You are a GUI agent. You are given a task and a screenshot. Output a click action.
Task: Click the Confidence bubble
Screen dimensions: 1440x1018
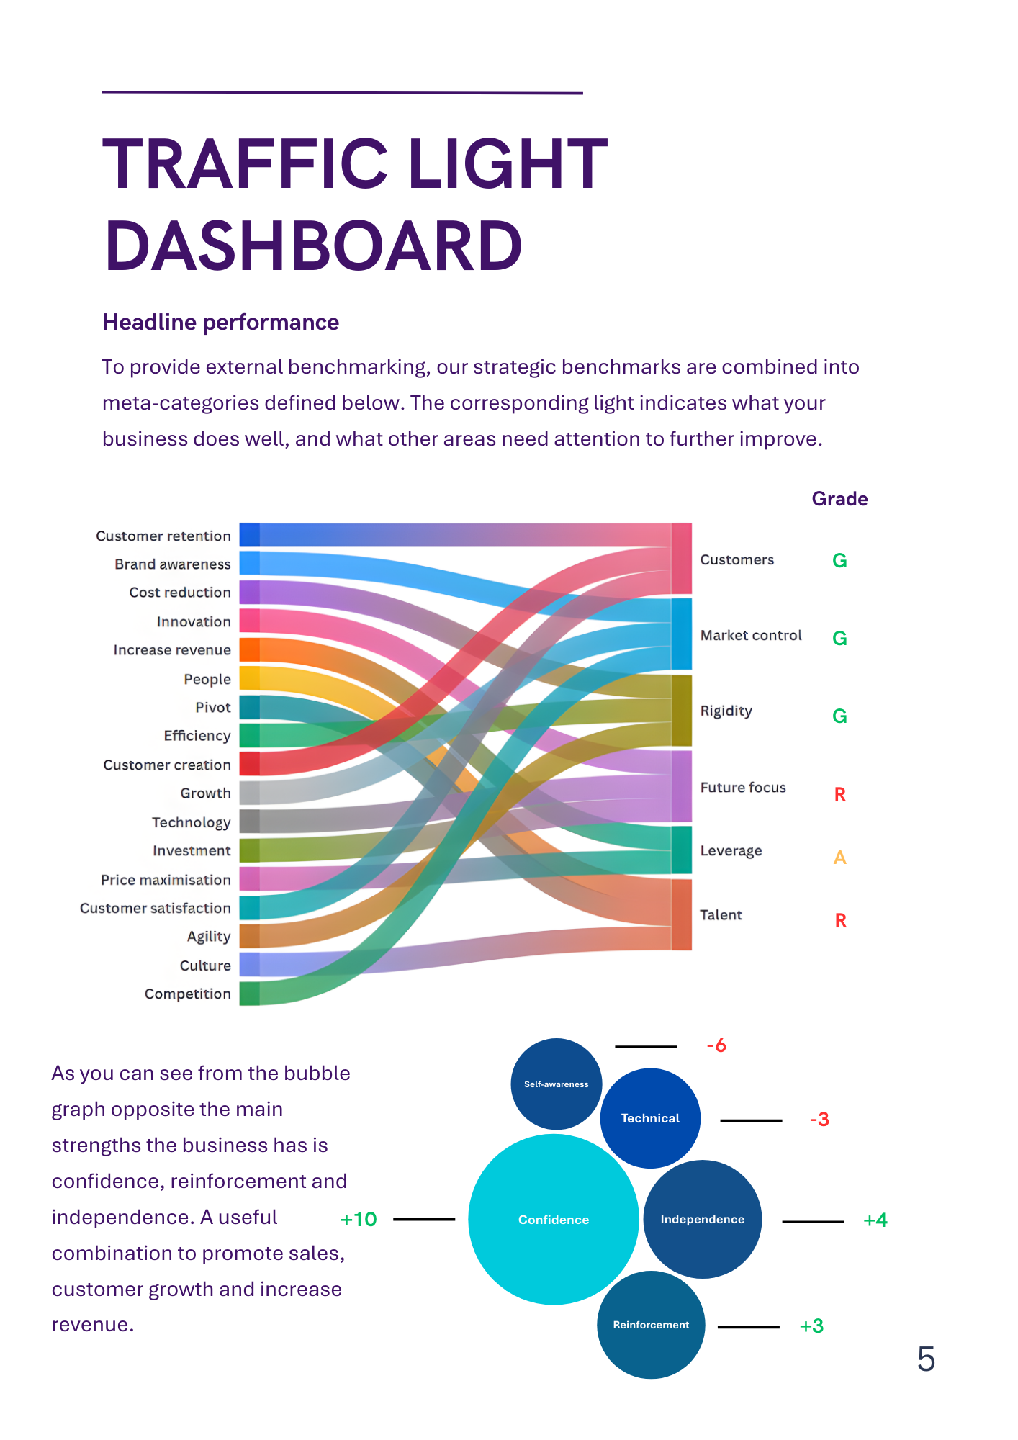(x=553, y=1219)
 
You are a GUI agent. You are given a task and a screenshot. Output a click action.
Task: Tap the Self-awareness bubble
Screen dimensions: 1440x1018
(x=556, y=1084)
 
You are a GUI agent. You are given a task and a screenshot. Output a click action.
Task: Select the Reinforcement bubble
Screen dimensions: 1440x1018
(x=651, y=1325)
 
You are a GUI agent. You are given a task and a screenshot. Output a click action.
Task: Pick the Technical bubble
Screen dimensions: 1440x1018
(x=650, y=1118)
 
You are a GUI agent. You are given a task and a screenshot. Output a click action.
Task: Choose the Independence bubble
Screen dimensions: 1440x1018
(x=702, y=1219)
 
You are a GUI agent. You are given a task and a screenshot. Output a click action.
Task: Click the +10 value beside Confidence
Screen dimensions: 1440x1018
(x=359, y=1219)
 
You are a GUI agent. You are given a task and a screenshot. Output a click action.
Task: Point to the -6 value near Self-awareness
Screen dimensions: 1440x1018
(x=716, y=1045)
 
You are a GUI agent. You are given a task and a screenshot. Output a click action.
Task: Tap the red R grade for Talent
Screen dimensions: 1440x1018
(x=840, y=920)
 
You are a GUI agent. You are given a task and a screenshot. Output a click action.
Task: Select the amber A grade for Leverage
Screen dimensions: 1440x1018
(x=839, y=857)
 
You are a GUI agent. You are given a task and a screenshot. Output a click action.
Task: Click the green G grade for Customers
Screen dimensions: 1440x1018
(x=839, y=560)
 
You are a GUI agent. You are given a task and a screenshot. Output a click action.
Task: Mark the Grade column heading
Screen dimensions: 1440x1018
(x=839, y=499)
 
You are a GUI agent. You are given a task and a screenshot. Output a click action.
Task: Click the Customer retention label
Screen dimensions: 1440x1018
(x=163, y=536)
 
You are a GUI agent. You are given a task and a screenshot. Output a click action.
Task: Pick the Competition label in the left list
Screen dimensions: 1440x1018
(x=187, y=994)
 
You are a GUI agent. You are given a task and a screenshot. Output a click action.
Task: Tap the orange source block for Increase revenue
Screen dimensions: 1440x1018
(x=249, y=649)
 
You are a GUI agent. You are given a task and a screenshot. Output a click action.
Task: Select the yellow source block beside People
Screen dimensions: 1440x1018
(x=249, y=678)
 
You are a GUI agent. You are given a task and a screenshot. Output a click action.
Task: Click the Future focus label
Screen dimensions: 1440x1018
(x=743, y=787)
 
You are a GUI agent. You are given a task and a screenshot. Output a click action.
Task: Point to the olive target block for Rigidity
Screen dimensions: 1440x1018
(x=681, y=711)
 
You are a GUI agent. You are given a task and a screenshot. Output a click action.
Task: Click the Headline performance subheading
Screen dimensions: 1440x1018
(x=220, y=322)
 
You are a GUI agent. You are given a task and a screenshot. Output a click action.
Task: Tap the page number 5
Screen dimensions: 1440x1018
(x=926, y=1359)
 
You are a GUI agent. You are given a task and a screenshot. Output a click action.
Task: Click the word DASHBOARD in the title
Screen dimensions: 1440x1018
(x=314, y=246)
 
